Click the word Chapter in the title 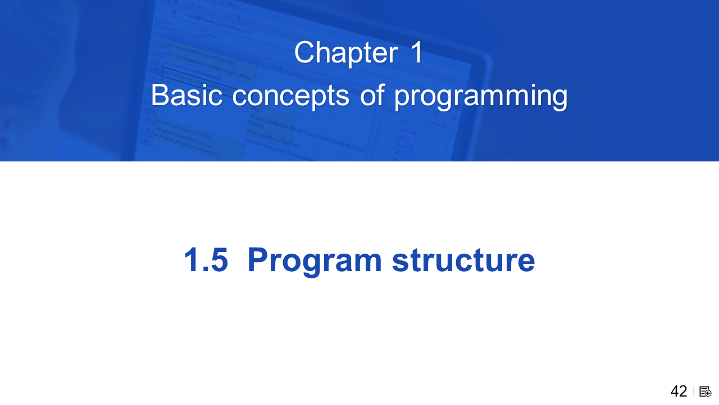[346, 53]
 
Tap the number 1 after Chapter [417, 52]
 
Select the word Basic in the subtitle [186, 95]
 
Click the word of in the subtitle [372, 95]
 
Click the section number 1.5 [206, 260]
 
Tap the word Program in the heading [315, 262]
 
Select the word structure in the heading [463, 260]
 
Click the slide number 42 [679, 391]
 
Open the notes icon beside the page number [705, 392]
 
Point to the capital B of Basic [160, 95]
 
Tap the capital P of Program [258, 260]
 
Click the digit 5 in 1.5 [220, 260]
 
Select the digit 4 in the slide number [675, 391]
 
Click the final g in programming [559, 100]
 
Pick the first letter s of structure [401, 263]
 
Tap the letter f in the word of [381, 94]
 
